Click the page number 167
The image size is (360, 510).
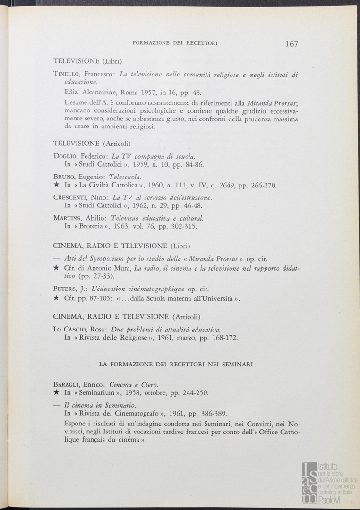tap(291, 44)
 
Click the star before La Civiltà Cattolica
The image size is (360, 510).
tap(56, 186)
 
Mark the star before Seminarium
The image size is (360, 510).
tap(56, 393)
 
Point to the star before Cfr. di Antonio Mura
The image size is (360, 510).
tap(56, 268)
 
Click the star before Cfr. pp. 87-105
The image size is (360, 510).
tap(56, 298)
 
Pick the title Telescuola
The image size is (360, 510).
tap(125, 177)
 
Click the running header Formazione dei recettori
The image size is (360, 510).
tap(175, 43)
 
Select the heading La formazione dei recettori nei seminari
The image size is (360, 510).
tap(175, 364)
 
